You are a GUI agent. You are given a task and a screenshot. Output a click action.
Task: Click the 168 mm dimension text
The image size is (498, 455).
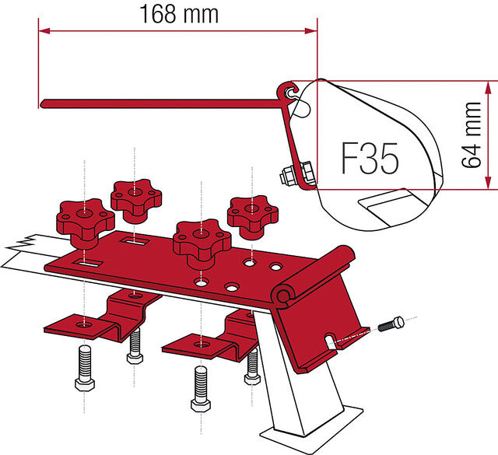coord(179,14)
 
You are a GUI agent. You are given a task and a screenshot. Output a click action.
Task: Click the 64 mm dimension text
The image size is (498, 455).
coord(472,135)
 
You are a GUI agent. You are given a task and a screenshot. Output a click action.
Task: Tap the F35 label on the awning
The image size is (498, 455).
coord(370,158)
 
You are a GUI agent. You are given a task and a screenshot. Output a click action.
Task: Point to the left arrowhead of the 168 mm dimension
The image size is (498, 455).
coord(44,31)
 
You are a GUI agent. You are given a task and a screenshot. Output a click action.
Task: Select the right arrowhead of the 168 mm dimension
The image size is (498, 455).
coord(311,31)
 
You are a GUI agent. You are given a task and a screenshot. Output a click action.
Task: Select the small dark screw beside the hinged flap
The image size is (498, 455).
coord(391,324)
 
